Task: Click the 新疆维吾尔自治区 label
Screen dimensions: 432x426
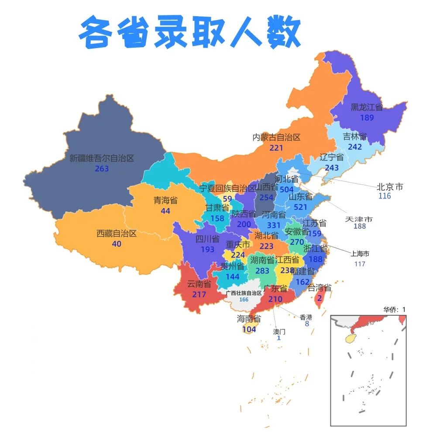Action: pos(101,158)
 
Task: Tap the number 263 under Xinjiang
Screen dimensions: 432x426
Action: pos(102,169)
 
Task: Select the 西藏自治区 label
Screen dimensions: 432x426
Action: pos(117,233)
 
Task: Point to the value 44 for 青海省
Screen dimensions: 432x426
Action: pos(165,211)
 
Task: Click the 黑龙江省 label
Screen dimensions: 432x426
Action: pos(367,108)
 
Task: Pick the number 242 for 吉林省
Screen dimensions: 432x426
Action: pos(355,147)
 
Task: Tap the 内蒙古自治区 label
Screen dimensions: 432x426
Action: pos(277,137)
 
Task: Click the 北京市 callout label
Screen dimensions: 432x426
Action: pos(390,187)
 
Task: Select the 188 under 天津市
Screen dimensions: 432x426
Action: pos(360,226)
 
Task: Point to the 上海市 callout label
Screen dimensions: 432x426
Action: pos(360,254)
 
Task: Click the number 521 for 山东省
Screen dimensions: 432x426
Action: pos(301,207)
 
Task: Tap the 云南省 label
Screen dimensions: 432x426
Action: pos(199,284)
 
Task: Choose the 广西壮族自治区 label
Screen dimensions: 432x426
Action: pos(244,293)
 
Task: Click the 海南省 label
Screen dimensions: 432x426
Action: pos(249,319)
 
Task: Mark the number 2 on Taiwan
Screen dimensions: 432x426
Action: pos(319,298)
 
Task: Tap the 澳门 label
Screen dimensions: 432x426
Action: pos(279,331)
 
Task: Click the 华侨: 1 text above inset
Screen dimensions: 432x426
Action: pos(395,310)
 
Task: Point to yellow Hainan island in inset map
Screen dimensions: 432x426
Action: pos(350,338)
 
